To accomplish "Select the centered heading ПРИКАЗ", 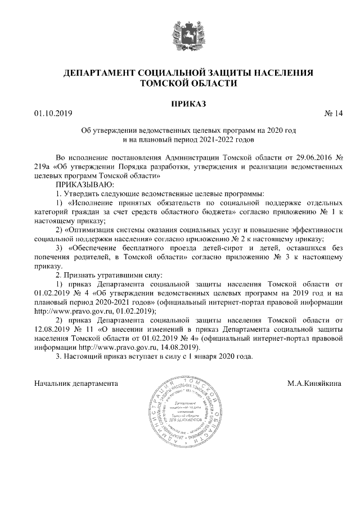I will tap(179, 103).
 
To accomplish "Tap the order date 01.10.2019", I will tap(49, 115).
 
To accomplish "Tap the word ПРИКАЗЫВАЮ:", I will tap(84, 184).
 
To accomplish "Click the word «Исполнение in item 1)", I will tap(93, 202).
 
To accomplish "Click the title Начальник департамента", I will tap(76, 383).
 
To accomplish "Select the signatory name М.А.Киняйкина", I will tap(314, 383).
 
